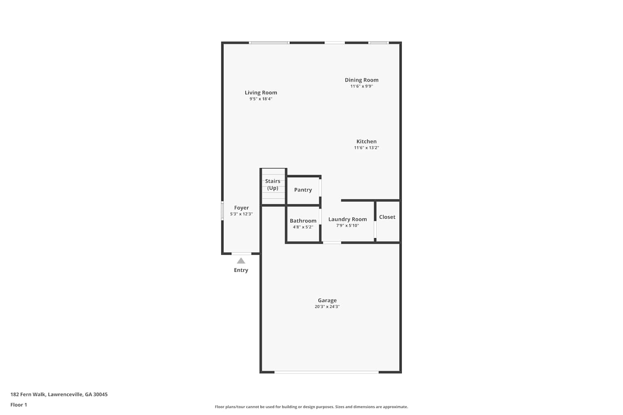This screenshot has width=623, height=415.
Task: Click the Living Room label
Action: pyautogui.click(x=261, y=93)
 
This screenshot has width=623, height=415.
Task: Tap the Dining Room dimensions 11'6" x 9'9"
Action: pyautogui.click(x=362, y=86)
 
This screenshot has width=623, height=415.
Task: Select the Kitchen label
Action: pyautogui.click(x=367, y=141)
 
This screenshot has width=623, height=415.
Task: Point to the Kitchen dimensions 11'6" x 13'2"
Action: pyautogui.click(x=367, y=148)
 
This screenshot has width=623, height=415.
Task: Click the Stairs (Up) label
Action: pyautogui.click(x=272, y=185)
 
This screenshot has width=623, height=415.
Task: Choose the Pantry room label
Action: pyautogui.click(x=303, y=190)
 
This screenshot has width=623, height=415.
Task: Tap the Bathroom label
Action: pyautogui.click(x=303, y=221)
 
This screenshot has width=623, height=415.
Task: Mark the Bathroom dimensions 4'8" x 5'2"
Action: pyautogui.click(x=303, y=227)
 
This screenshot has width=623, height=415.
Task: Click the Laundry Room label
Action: pyautogui.click(x=348, y=219)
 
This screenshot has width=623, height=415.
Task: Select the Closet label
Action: pyautogui.click(x=387, y=217)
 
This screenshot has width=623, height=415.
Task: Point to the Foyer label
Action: pyautogui.click(x=241, y=207)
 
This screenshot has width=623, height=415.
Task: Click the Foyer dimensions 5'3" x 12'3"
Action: pyautogui.click(x=241, y=214)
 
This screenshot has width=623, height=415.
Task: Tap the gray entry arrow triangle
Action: pyautogui.click(x=241, y=261)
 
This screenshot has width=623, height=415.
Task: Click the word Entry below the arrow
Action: pyautogui.click(x=241, y=270)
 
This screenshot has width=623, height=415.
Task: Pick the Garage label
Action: pyautogui.click(x=327, y=300)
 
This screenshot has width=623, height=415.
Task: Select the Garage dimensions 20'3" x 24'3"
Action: pyautogui.click(x=327, y=307)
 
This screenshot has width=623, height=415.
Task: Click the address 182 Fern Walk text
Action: pyautogui.click(x=59, y=394)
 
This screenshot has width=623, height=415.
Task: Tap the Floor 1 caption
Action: pyautogui.click(x=19, y=405)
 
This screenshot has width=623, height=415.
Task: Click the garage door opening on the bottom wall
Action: pyautogui.click(x=326, y=372)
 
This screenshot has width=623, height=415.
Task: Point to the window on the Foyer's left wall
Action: pyautogui.click(x=222, y=211)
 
